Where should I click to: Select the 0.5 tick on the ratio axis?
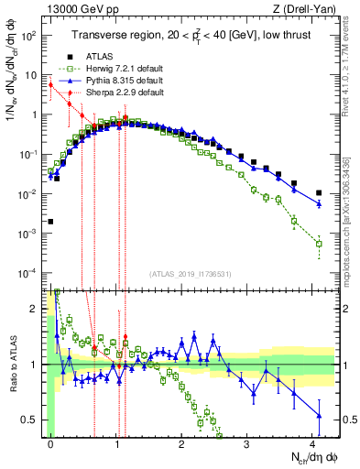(x=34, y=420)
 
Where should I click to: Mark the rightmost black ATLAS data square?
(x=319, y=193)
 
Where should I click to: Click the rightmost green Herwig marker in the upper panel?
(x=319, y=244)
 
